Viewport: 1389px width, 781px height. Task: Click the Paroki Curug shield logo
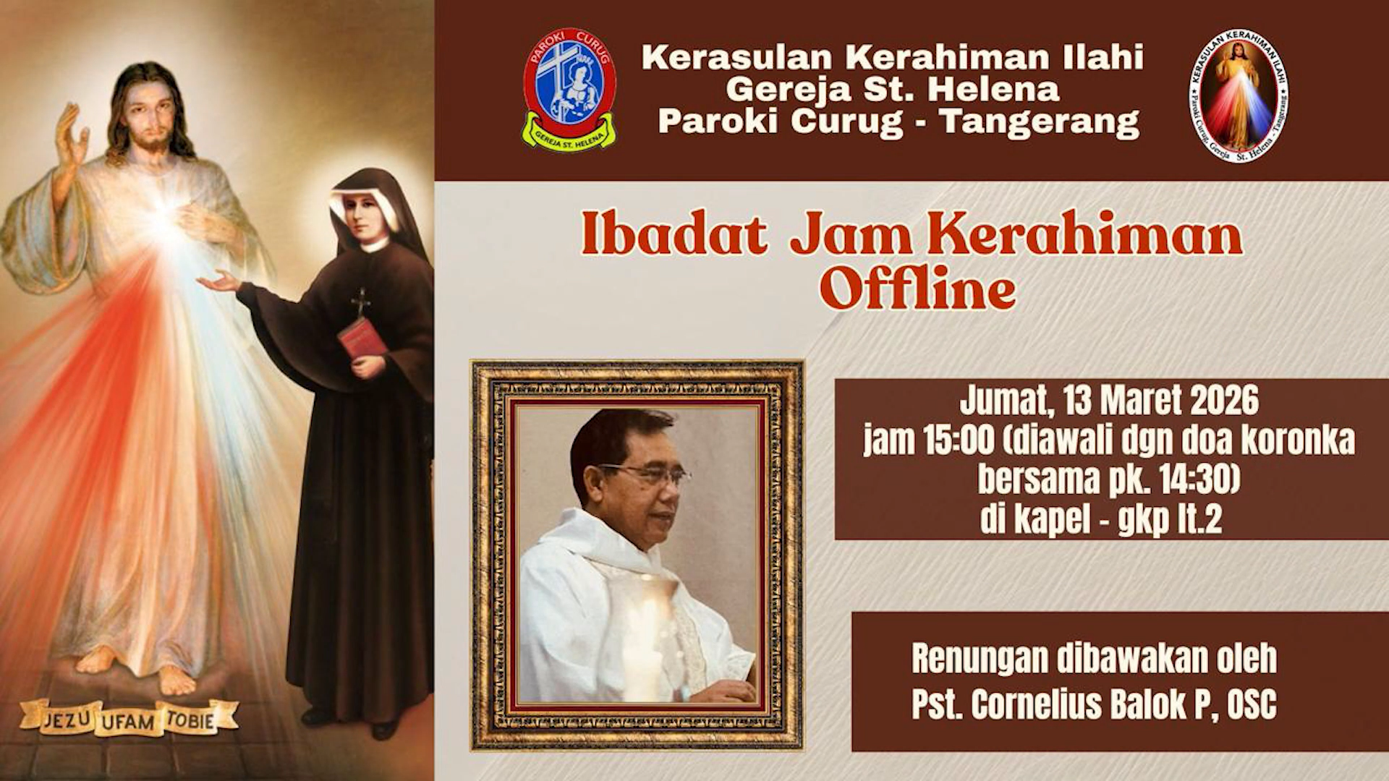569,89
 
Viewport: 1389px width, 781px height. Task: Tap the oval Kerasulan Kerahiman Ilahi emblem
1239,95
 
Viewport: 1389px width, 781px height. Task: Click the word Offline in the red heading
917,289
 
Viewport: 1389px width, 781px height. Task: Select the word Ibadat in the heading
674,236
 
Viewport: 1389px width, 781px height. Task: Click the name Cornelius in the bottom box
1037,704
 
